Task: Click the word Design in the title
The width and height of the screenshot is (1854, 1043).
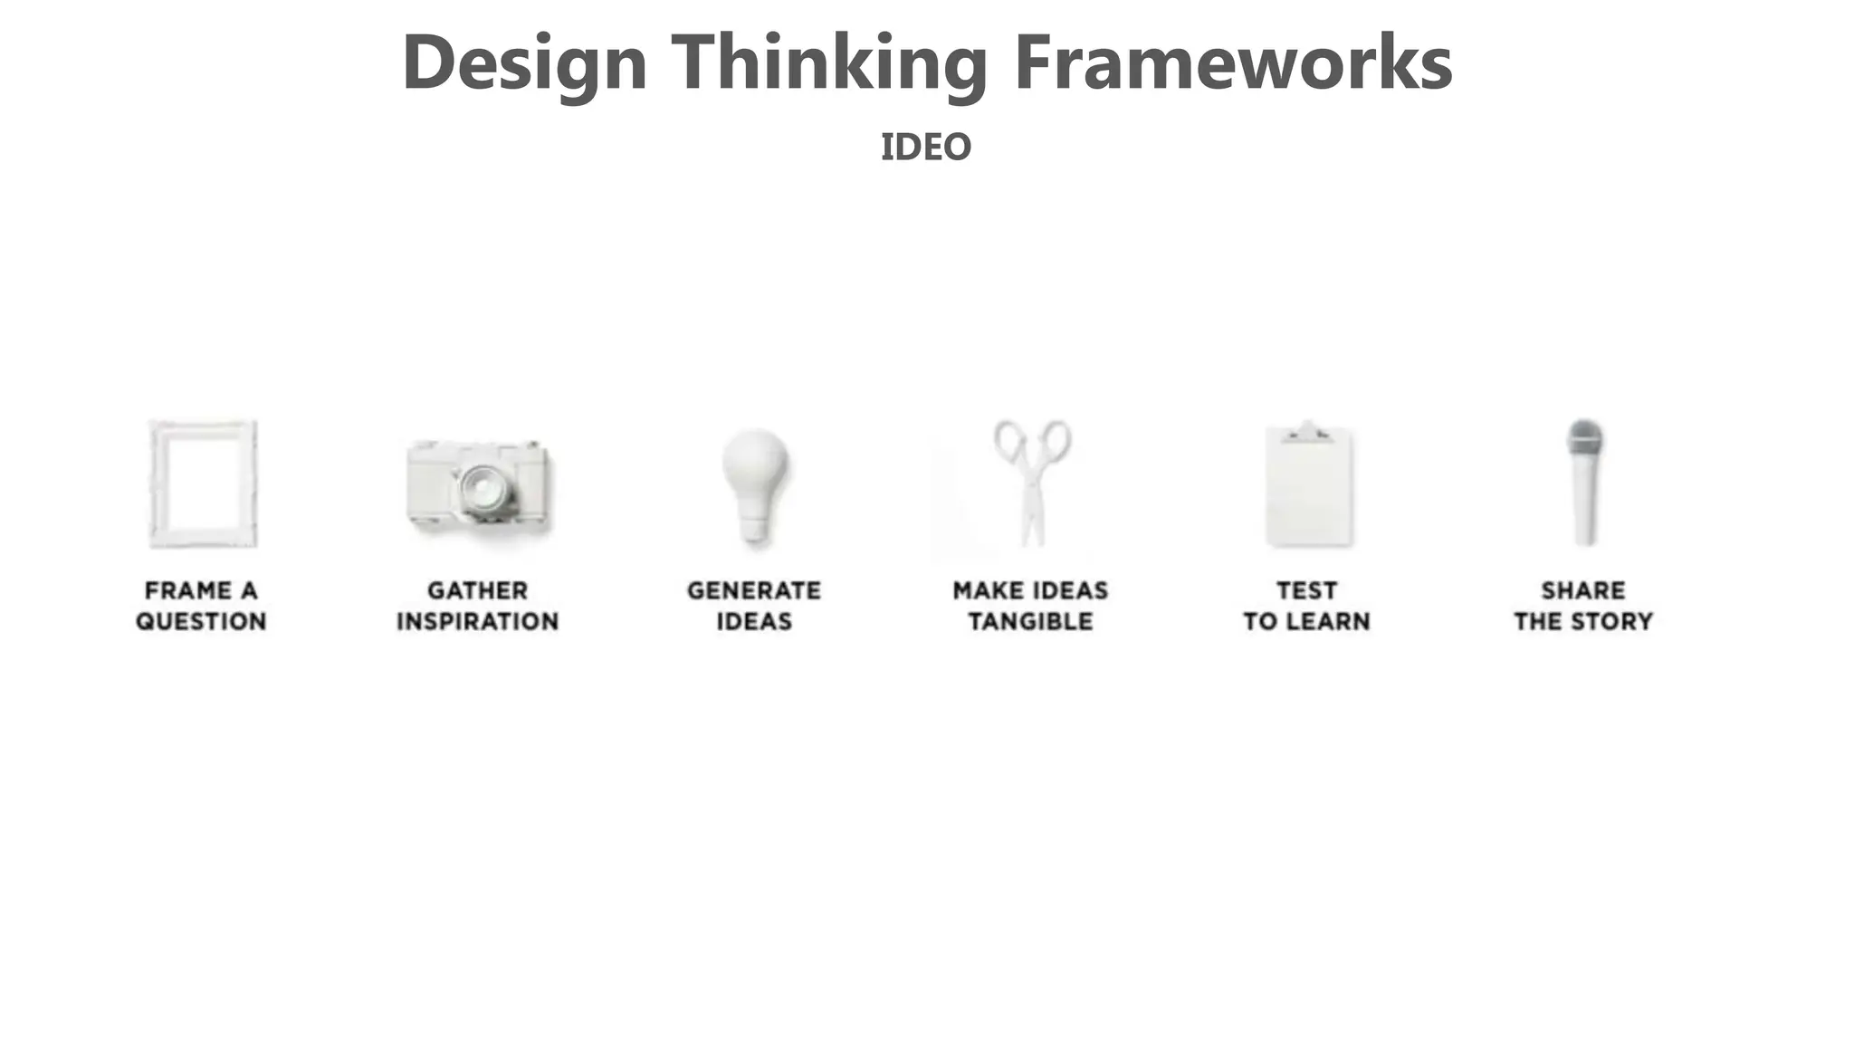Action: (524, 63)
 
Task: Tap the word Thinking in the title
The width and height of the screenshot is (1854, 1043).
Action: (828, 63)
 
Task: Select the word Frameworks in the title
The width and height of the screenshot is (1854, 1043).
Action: (1233, 63)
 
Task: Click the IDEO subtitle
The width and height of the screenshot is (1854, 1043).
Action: (925, 147)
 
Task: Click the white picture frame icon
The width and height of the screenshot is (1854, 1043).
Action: (203, 483)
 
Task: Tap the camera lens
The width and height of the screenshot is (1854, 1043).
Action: (485, 490)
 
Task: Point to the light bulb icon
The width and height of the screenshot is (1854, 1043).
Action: (755, 483)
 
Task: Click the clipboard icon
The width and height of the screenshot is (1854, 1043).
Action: (1308, 489)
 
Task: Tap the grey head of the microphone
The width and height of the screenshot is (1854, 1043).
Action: (1585, 439)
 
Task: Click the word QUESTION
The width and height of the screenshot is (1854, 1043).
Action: (201, 622)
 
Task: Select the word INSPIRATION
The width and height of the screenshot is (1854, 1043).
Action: (477, 622)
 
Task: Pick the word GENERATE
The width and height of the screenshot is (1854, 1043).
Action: (754, 590)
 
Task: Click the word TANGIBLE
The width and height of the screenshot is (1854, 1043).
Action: (1030, 622)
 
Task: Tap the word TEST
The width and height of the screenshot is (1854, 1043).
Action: (1306, 590)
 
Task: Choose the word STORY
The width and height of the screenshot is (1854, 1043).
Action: (1614, 622)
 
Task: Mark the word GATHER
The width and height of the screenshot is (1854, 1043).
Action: (477, 590)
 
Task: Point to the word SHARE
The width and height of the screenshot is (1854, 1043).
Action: (1583, 590)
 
